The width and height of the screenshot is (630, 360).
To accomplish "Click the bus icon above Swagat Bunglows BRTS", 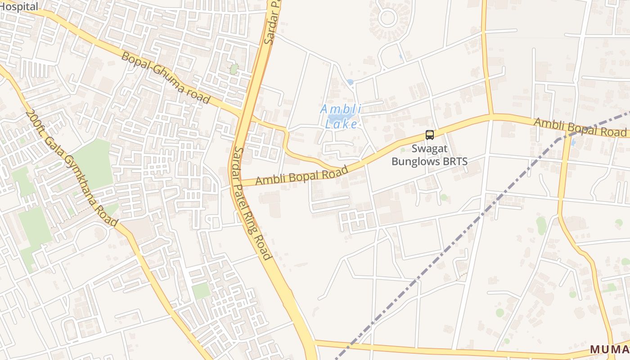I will (x=430, y=135).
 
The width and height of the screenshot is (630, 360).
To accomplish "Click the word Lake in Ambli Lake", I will (x=342, y=124).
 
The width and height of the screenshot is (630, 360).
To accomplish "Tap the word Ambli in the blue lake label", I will (x=336, y=109).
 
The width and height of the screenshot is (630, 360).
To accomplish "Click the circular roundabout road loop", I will (x=387, y=18).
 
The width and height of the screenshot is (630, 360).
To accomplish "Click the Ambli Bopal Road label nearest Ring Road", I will (x=301, y=175).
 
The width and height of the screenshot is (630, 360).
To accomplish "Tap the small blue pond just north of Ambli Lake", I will (x=350, y=82).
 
